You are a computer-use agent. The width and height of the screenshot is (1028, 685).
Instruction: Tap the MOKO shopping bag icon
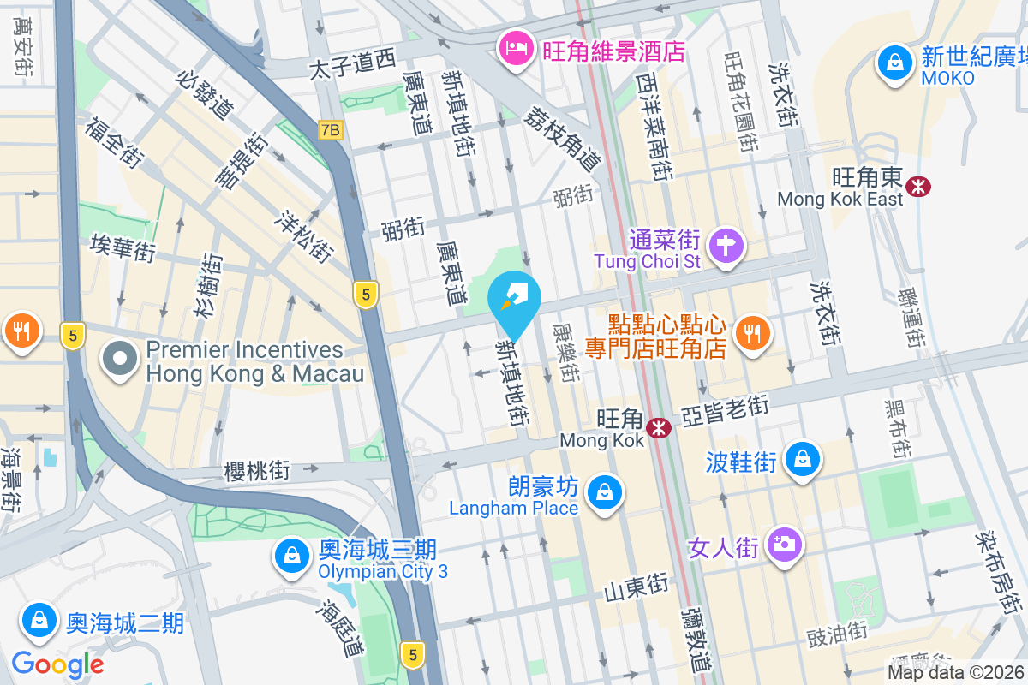(894, 63)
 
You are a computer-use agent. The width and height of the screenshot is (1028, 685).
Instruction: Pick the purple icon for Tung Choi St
(726, 246)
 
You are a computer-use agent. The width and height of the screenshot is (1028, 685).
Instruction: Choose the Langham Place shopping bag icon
(605, 492)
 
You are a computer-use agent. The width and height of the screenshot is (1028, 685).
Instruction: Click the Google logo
(57, 664)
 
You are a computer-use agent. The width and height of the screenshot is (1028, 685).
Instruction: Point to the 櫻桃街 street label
(256, 470)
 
